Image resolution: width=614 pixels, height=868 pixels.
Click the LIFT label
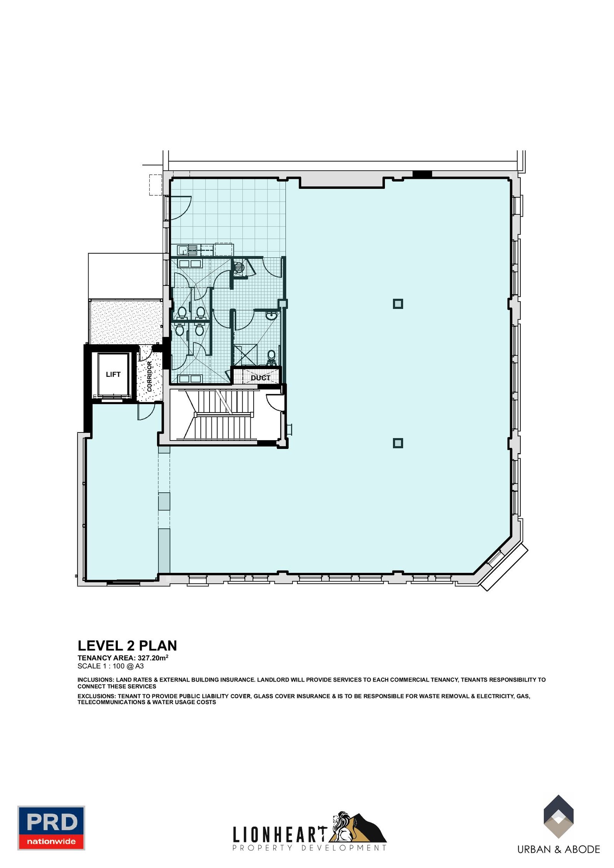click(x=113, y=374)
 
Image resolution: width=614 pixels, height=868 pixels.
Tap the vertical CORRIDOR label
click(x=150, y=376)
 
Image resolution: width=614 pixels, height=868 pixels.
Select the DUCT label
click(x=261, y=378)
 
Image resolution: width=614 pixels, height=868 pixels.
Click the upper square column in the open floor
click(x=398, y=304)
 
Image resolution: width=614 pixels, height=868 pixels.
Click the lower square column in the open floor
click(x=398, y=443)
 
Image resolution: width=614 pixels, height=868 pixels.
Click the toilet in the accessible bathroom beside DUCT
click(x=272, y=357)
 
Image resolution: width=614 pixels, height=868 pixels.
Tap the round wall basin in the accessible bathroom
click(x=272, y=316)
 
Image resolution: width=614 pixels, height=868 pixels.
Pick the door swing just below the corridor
click(x=146, y=412)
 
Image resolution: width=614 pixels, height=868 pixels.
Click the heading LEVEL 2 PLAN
click(x=127, y=646)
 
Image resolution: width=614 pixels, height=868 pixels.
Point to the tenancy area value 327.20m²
click(x=153, y=658)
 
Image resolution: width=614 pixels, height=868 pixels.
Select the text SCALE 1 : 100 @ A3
click(x=111, y=666)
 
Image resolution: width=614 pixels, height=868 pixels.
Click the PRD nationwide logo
click(x=51, y=828)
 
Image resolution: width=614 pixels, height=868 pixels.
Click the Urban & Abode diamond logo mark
click(x=558, y=816)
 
